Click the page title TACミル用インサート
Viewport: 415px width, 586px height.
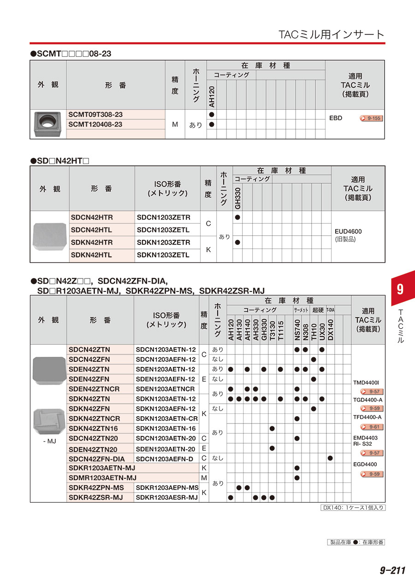pos(331,35)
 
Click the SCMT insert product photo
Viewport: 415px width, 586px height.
pos(48,124)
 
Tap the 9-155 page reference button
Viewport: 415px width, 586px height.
pos(371,118)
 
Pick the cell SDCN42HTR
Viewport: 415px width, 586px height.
pos(92,217)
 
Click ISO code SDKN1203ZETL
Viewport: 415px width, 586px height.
pos(163,255)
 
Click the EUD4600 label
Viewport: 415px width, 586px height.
pos(349,232)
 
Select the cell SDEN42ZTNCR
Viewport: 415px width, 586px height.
pos(94,389)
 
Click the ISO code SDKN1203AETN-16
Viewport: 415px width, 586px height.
pos(166,428)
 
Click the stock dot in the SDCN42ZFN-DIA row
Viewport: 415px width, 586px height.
pos(330,458)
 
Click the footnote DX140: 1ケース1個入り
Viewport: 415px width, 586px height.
pos(353,508)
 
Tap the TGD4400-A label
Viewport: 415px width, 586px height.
pos(368,400)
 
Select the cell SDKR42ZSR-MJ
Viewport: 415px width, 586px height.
pos(96,497)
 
